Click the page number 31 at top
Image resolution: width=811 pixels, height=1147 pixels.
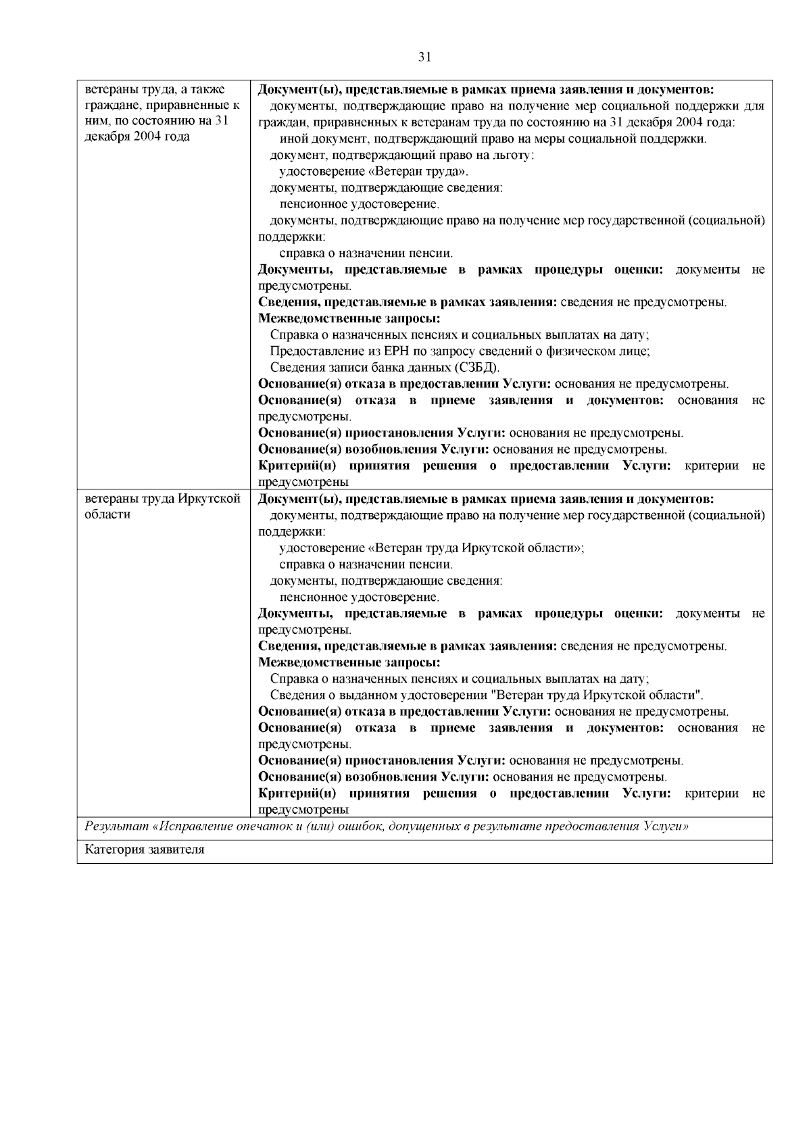coord(424,57)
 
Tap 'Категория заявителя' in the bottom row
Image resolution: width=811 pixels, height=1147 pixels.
coord(145,850)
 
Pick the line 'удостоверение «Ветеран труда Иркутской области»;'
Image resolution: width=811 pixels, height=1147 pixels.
coord(431,548)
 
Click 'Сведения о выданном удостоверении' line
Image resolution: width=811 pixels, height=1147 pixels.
coord(487,695)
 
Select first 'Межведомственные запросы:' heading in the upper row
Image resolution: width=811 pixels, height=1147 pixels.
coord(349,318)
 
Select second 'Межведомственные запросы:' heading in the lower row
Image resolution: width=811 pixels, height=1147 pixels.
coord(349,662)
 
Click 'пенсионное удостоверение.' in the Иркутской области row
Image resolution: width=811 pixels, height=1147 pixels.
coord(359,597)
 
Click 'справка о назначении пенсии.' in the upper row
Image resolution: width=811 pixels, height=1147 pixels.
coord(366,253)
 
